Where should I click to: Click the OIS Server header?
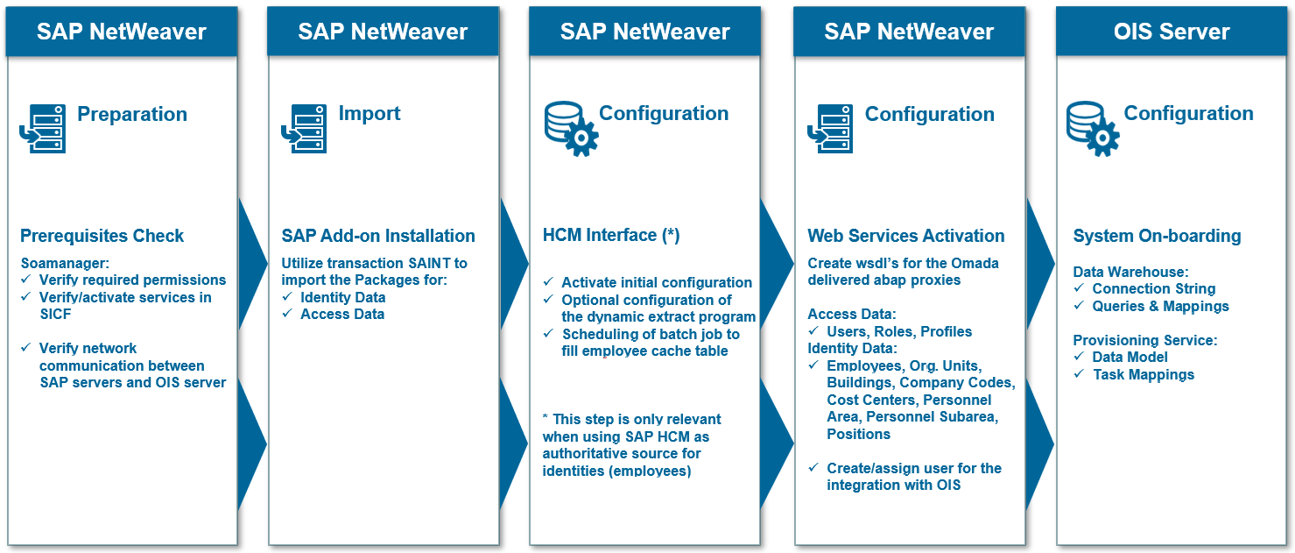click(1172, 32)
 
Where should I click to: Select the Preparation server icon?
click(43, 129)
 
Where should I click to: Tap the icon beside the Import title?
click(304, 129)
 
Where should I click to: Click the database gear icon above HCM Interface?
click(571, 129)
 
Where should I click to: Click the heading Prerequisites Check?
click(102, 236)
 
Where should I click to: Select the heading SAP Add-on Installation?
click(378, 236)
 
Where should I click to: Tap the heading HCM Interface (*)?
click(611, 235)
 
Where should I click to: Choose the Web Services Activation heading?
click(906, 236)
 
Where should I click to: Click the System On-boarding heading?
click(1157, 236)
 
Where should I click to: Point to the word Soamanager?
click(64, 263)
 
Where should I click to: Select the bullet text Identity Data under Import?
click(343, 297)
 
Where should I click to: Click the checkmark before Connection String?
click(1079, 288)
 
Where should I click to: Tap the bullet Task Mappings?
click(1144, 375)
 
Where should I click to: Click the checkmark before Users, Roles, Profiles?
click(813, 331)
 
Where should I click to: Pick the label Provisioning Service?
click(1145, 340)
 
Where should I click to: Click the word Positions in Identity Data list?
click(858, 434)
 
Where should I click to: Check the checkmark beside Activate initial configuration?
click(549, 281)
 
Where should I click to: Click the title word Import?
click(369, 114)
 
